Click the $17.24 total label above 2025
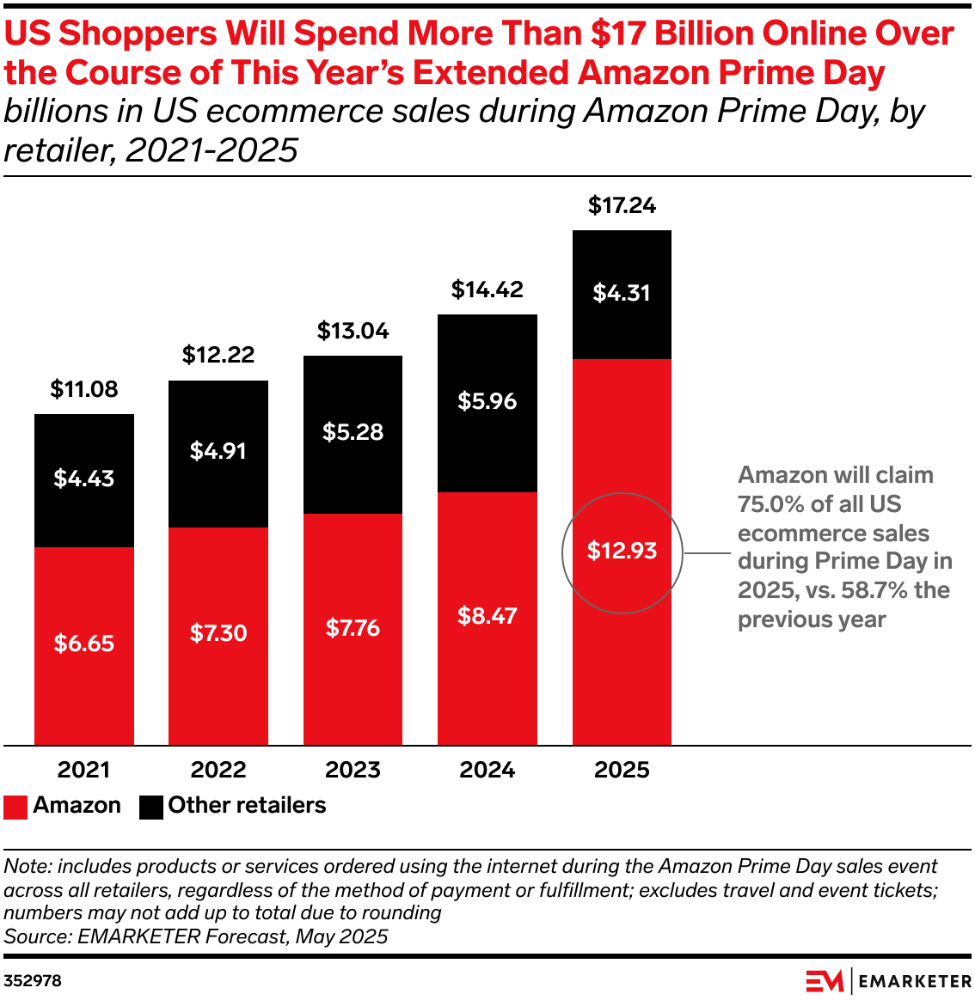[x=622, y=205]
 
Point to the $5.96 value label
[x=487, y=401]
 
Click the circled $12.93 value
[x=622, y=551]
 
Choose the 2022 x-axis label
[x=218, y=770]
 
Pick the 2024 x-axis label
[x=487, y=770]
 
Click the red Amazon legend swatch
[x=15, y=807]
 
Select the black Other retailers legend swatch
[x=150, y=807]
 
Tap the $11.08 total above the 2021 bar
[x=84, y=389]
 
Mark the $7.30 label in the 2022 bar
[x=218, y=633]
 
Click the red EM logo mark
[x=824, y=980]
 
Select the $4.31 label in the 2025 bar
[x=622, y=293]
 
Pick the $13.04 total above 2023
[x=353, y=331]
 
